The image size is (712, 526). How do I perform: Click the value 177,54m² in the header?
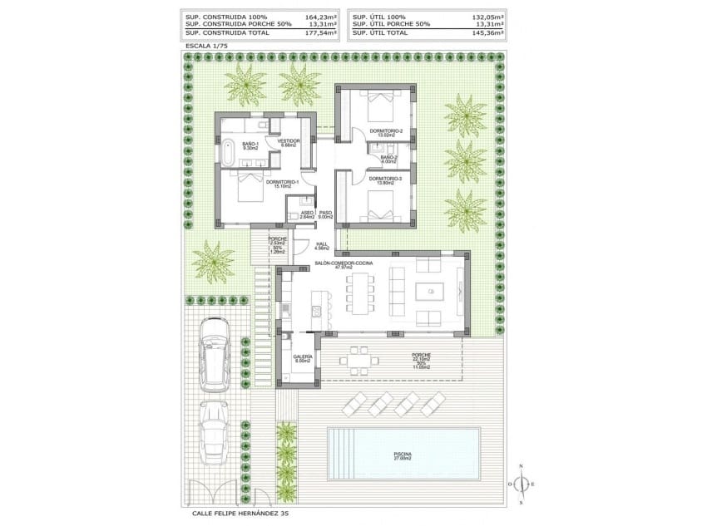[x=321, y=32]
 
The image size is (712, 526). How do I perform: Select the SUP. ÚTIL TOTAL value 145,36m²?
[x=489, y=32]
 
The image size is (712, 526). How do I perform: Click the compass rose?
[x=522, y=484]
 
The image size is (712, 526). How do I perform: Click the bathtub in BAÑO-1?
[x=227, y=151]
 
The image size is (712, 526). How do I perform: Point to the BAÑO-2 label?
[x=388, y=158]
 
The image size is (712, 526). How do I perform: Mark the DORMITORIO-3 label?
[x=385, y=179]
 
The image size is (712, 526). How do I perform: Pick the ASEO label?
[x=306, y=214]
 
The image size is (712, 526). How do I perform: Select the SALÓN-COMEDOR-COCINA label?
[x=344, y=263]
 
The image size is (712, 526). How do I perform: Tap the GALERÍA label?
[x=302, y=357]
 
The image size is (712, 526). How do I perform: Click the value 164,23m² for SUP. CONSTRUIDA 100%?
[x=321, y=17]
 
